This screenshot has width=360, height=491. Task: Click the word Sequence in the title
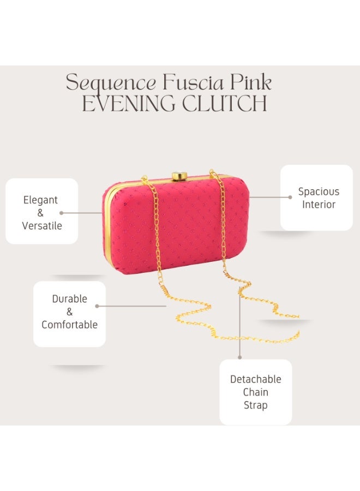tap(111, 83)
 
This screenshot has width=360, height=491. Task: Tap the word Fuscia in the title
tap(193, 82)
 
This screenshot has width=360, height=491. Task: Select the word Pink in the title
tap(251, 82)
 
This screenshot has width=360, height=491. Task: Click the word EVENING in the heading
tap(129, 103)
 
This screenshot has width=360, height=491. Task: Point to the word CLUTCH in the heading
tap(224, 103)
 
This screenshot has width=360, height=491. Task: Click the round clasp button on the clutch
tap(179, 176)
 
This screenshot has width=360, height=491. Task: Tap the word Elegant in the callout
tap(40, 200)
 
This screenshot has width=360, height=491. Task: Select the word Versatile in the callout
tap(42, 225)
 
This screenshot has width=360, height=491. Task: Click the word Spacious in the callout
tap(319, 192)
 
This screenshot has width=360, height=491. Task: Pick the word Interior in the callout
tap(319, 205)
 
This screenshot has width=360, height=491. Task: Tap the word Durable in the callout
tap(69, 299)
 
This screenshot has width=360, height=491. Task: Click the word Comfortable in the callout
tap(69, 325)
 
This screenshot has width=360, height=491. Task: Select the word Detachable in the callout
tap(255, 379)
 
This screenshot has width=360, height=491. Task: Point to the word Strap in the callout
tap(255, 405)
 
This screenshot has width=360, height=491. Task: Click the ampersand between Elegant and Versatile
tap(40, 213)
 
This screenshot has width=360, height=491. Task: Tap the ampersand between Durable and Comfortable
tap(69, 312)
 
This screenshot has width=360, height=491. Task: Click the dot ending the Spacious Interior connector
tap(290, 197)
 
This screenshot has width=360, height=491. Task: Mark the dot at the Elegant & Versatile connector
tap(61, 213)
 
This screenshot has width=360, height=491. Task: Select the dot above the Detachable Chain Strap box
tap(240, 357)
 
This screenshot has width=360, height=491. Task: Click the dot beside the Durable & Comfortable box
tap(97, 306)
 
